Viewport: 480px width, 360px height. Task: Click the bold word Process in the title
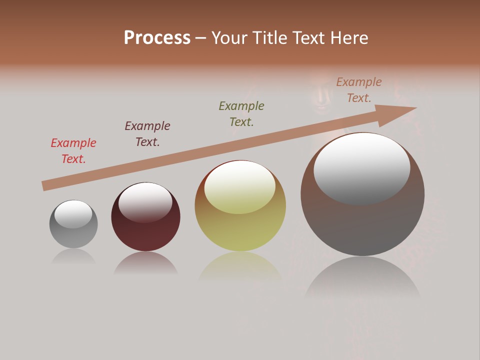157,38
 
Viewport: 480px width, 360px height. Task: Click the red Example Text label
73,151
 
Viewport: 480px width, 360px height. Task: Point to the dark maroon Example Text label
147,134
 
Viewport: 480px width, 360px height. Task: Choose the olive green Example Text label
241,114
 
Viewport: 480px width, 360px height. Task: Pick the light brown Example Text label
358,90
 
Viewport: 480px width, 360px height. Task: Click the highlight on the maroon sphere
145,201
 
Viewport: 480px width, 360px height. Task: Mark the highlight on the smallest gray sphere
73,213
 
